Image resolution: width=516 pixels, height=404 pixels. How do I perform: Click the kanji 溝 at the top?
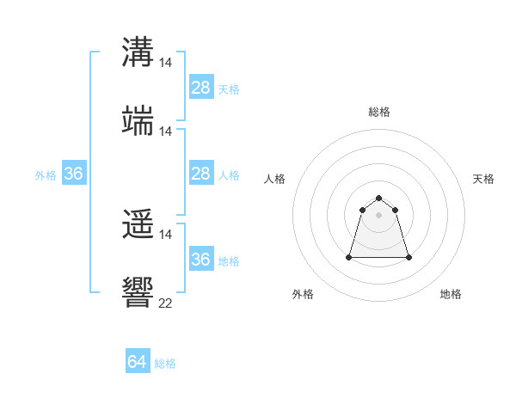pyautogui.click(x=138, y=52)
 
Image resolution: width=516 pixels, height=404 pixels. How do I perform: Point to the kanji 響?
pyautogui.click(x=138, y=292)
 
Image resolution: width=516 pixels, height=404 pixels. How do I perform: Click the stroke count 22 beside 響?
pyautogui.click(x=166, y=303)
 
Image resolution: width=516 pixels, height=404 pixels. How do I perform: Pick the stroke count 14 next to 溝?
pyautogui.click(x=166, y=63)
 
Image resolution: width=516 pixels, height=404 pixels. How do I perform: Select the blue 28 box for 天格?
pyautogui.click(x=201, y=88)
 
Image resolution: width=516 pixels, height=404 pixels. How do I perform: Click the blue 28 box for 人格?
pyautogui.click(x=201, y=174)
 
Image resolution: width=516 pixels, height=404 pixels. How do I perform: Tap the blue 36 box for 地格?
pyautogui.click(x=201, y=260)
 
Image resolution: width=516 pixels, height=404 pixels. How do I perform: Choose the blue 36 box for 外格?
pyautogui.click(x=74, y=174)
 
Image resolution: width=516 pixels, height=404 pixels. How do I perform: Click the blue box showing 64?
pyautogui.click(x=138, y=362)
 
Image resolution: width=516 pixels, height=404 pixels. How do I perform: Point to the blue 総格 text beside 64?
pyautogui.click(x=165, y=364)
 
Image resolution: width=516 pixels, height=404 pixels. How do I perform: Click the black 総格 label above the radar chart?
pyautogui.click(x=379, y=112)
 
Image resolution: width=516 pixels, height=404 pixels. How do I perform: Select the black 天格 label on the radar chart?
pyautogui.click(x=483, y=179)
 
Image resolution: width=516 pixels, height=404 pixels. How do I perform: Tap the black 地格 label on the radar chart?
pyautogui.click(x=451, y=294)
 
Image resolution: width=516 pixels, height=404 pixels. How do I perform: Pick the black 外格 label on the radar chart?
pyautogui.click(x=303, y=294)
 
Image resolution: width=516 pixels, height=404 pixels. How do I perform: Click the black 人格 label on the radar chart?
pyautogui.click(x=275, y=179)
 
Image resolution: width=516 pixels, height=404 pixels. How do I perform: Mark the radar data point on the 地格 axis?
pyautogui.click(x=408, y=257)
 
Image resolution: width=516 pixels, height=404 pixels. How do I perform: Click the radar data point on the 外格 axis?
pyautogui.click(x=349, y=257)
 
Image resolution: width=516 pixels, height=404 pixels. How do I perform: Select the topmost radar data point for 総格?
pyautogui.click(x=379, y=199)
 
